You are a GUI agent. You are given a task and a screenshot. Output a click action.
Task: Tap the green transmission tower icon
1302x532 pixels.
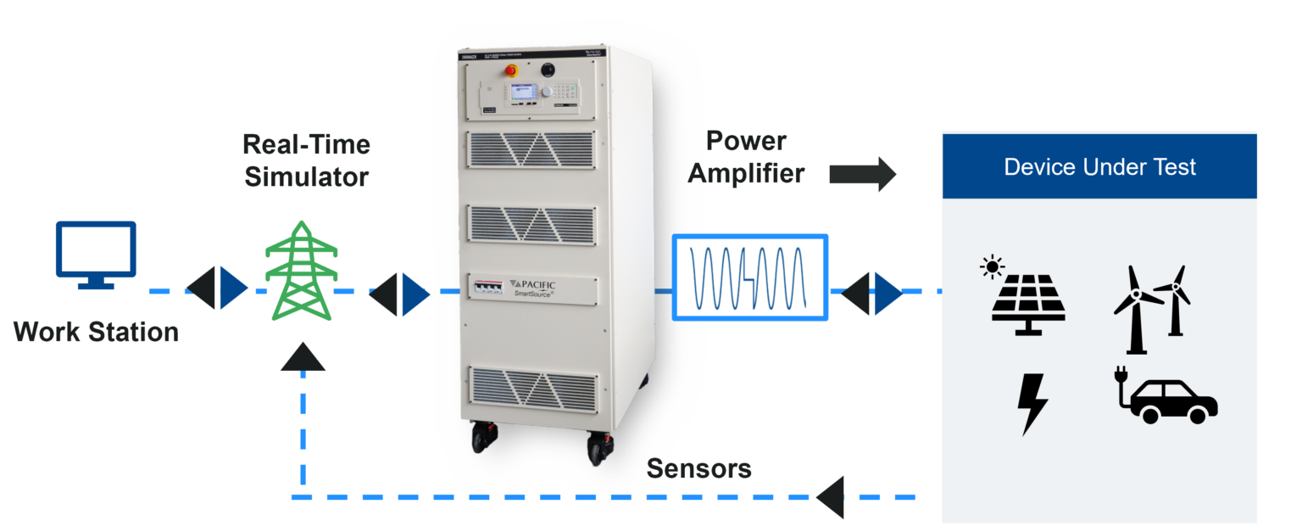pos(301,271)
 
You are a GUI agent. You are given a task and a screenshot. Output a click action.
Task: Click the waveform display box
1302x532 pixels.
pos(749,277)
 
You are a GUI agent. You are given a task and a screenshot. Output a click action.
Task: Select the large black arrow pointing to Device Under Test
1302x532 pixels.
pos(862,174)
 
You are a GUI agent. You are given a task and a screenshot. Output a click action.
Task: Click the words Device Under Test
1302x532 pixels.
pos(1099,166)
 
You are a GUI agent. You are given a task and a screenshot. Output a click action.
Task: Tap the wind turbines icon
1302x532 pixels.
pos(1151,307)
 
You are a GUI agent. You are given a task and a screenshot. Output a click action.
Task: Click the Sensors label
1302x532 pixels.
pos(698,469)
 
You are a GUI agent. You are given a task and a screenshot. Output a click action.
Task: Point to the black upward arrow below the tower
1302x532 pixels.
pos(303,358)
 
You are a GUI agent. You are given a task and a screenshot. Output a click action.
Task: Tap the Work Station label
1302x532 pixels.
pos(96,332)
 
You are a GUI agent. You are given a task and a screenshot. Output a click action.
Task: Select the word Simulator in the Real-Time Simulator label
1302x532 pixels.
pos(306,176)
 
